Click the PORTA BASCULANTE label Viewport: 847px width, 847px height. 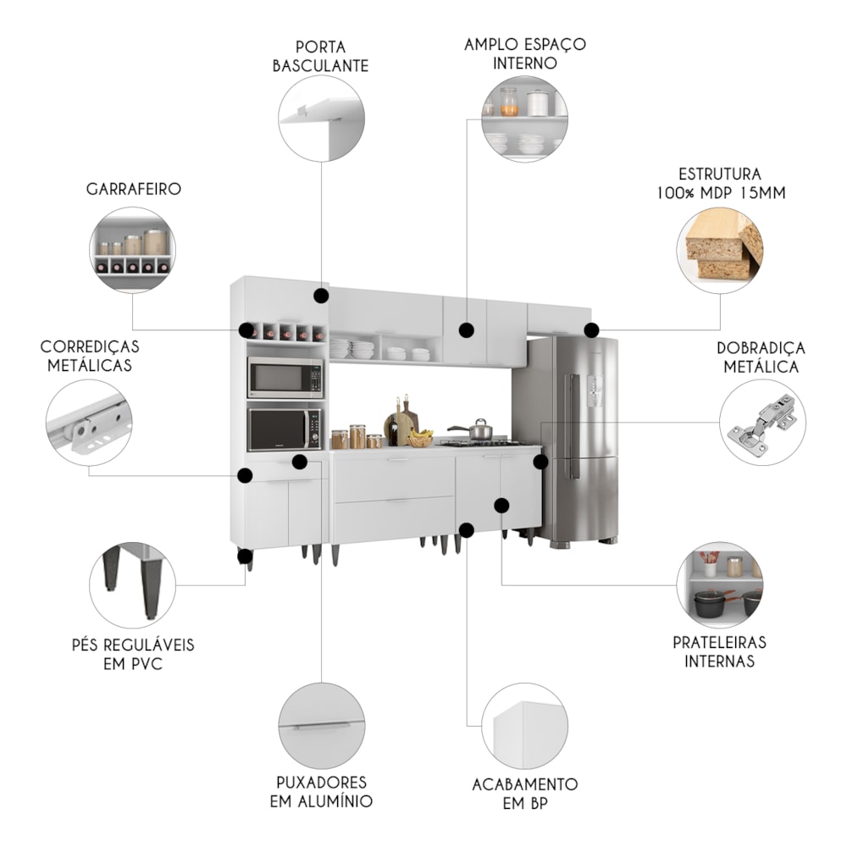[320, 56]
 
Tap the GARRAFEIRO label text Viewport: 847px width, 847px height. [134, 189]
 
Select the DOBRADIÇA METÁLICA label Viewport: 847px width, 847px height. [761, 357]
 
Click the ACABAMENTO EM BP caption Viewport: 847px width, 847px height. [525, 794]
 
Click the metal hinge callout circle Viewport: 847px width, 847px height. [762, 422]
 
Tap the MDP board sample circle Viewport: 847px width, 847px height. [719, 251]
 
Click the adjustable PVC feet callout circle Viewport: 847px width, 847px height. [132, 585]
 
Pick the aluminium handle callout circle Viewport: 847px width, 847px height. [321, 725]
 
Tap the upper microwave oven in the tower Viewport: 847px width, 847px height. [285, 377]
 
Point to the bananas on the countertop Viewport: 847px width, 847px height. [420, 438]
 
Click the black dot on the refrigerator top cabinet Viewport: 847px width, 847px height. [591, 329]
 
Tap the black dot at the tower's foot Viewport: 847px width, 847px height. [245, 556]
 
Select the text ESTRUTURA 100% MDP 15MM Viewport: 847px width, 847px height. [720, 184]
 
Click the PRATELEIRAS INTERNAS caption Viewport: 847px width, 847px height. [719, 651]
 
